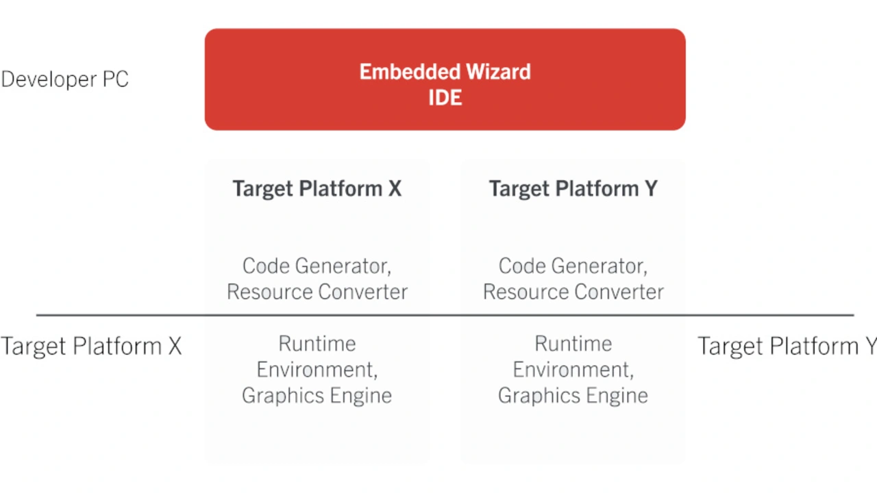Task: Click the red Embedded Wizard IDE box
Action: tap(445, 79)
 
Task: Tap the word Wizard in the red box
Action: tap(498, 72)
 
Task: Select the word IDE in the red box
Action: tap(445, 97)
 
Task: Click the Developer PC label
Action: tap(64, 79)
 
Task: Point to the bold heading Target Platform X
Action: tap(317, 189)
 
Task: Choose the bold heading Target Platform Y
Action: tap(573, 189)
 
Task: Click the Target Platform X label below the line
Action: tap(91, 346)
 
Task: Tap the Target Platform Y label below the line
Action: tap(787, 346)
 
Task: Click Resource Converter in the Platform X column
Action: tap(317, 292)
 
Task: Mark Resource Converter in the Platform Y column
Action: tap(573, 292)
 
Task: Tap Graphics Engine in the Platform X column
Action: tap(317, 396)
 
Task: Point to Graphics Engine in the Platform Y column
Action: tap(573, 396)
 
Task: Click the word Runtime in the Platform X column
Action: tap(317, 344)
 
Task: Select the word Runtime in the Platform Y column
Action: tap(573, 344)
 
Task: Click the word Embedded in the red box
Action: tap(410, 72)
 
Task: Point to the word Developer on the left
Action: tap(49, 79)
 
